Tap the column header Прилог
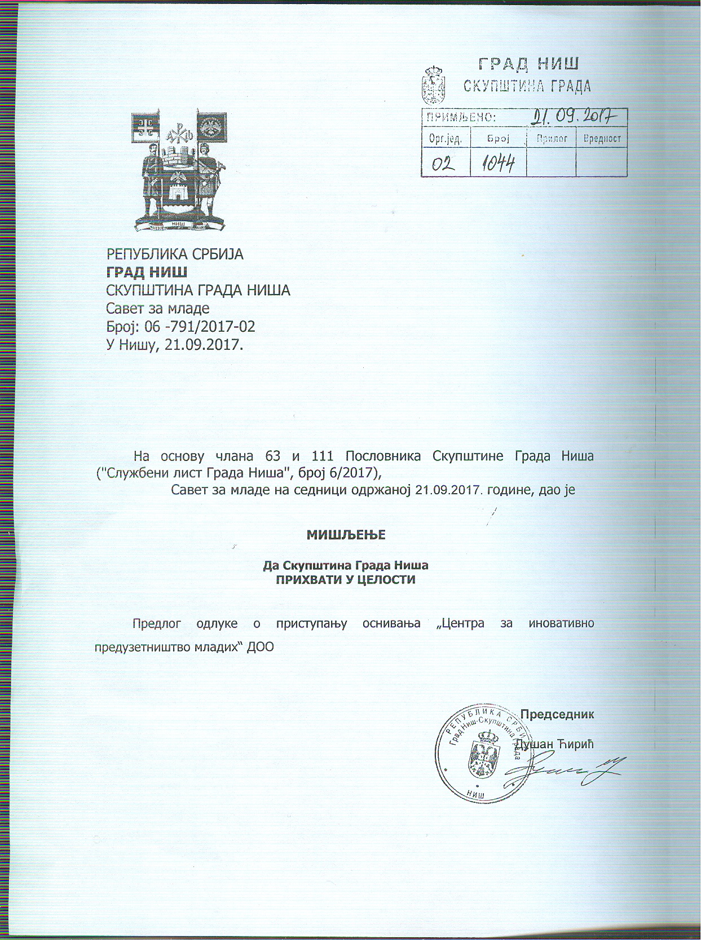pos(552,138)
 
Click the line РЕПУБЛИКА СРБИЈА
pos(175,254)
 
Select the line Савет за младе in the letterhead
pos(158,309)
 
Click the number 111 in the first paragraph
pos(323,456)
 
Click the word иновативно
pos(561,623)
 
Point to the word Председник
pos(557,714)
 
